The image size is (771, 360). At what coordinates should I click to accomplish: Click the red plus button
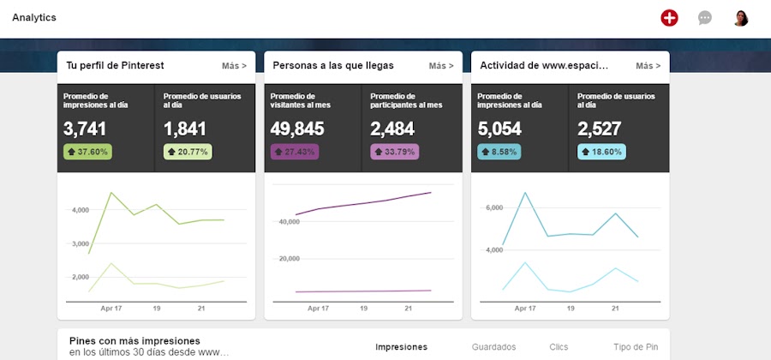(x=669, y=18)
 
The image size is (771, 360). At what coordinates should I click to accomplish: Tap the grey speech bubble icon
(x=705, y=18)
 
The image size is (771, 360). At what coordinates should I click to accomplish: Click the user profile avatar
(x=740, y=18)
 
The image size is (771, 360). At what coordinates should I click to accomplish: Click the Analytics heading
(x=34, y=17)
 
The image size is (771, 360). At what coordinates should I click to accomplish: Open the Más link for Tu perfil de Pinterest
(x=234, y=65)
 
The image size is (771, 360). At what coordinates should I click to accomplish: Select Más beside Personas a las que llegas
(x=441, y=65)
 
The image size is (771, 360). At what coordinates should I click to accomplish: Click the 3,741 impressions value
(x=85, y=129)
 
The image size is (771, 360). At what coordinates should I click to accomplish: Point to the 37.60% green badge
(x=87, y=152)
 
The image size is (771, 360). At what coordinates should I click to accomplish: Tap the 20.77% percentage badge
(x=187, y=152)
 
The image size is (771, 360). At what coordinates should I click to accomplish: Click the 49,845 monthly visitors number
(x=299, y=129)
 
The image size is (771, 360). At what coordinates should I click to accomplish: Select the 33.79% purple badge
(x=394, y=152)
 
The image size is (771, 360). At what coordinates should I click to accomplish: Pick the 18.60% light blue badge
(x=601, y=152)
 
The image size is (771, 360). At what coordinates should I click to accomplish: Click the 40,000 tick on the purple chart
(x=288, y=221)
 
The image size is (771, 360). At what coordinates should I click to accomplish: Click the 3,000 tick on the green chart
(x=81, y=243)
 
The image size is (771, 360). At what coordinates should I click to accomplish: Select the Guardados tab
(x=493, y=347)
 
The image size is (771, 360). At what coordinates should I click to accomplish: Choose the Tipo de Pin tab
(x=636, y=347)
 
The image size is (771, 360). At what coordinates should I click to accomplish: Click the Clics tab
(x=559, y=347)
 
